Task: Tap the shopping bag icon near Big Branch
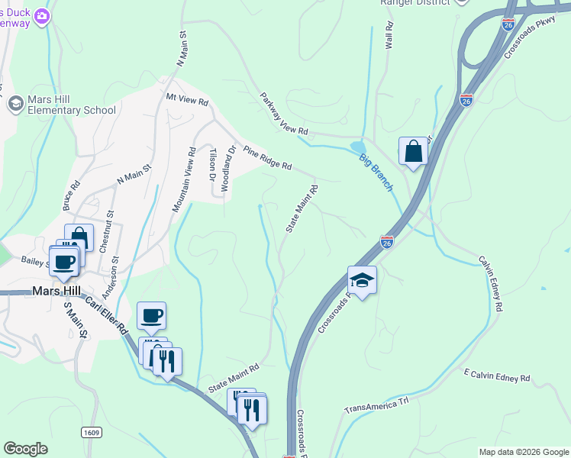pos(413,150)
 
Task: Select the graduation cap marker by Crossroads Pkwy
pos(362,279)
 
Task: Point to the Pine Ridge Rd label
pos(267,156)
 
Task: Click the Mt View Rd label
pos(187,100)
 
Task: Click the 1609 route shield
pos(91,433)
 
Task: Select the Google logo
pos(25,449)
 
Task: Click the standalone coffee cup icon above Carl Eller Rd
pos(151,314)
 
